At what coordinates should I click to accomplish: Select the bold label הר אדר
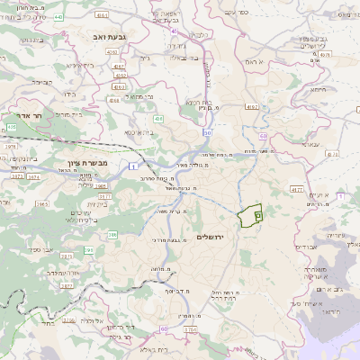pyautogui.click(x=19, y=115)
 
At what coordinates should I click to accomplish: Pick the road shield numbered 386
pyautogui.click(x=113, y=235)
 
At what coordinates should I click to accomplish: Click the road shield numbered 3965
pyautogui.click(x=42, y=204)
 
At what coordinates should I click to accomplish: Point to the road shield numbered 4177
pyautogui.click(x=296, y=190)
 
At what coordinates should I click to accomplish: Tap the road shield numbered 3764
pyautogui.click(x=190, y=330)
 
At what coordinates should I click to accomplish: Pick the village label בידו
pyautogui.click(x=67, y=94)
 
